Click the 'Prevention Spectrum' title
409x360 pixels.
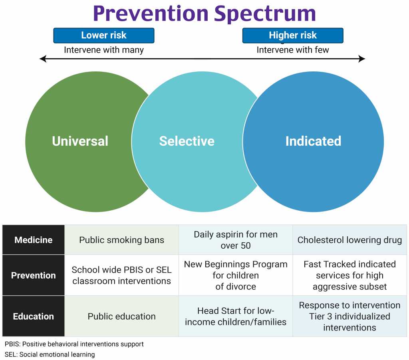pos(204,14)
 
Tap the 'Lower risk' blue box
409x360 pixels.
pos(104,36)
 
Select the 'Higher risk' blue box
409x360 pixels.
pos(293,36)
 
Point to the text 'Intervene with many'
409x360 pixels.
pos(104,50)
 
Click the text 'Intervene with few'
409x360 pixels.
pos(293,50)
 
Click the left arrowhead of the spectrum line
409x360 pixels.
pos(42,59)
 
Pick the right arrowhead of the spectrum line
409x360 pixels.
pos(362,59)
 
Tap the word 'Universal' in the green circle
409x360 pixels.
pos(80,141)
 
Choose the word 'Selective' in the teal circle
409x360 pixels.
pos(187,141)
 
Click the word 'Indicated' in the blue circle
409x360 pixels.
pos(313,141)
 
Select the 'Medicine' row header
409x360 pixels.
pos(34,240)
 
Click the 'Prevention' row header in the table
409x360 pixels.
pos(34,275)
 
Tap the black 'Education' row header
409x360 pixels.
pos(34,316)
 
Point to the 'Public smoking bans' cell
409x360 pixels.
pos(121,240)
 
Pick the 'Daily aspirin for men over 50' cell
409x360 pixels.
pos(236,240)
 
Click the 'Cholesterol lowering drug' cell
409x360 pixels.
pos(349,240)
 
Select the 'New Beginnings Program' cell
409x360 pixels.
pos(236,275)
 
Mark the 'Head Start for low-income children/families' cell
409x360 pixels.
pos(236,316)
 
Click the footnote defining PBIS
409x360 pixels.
pos(74,344)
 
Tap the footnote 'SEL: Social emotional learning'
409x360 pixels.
pos(50,354)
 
